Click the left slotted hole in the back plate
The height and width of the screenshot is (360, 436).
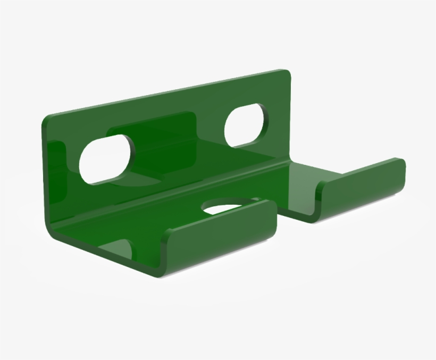[x=105, y=158]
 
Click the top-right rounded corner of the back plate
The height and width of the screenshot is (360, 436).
[x=286, y=75]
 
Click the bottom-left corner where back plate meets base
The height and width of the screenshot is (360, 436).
[x=53, y=229]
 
